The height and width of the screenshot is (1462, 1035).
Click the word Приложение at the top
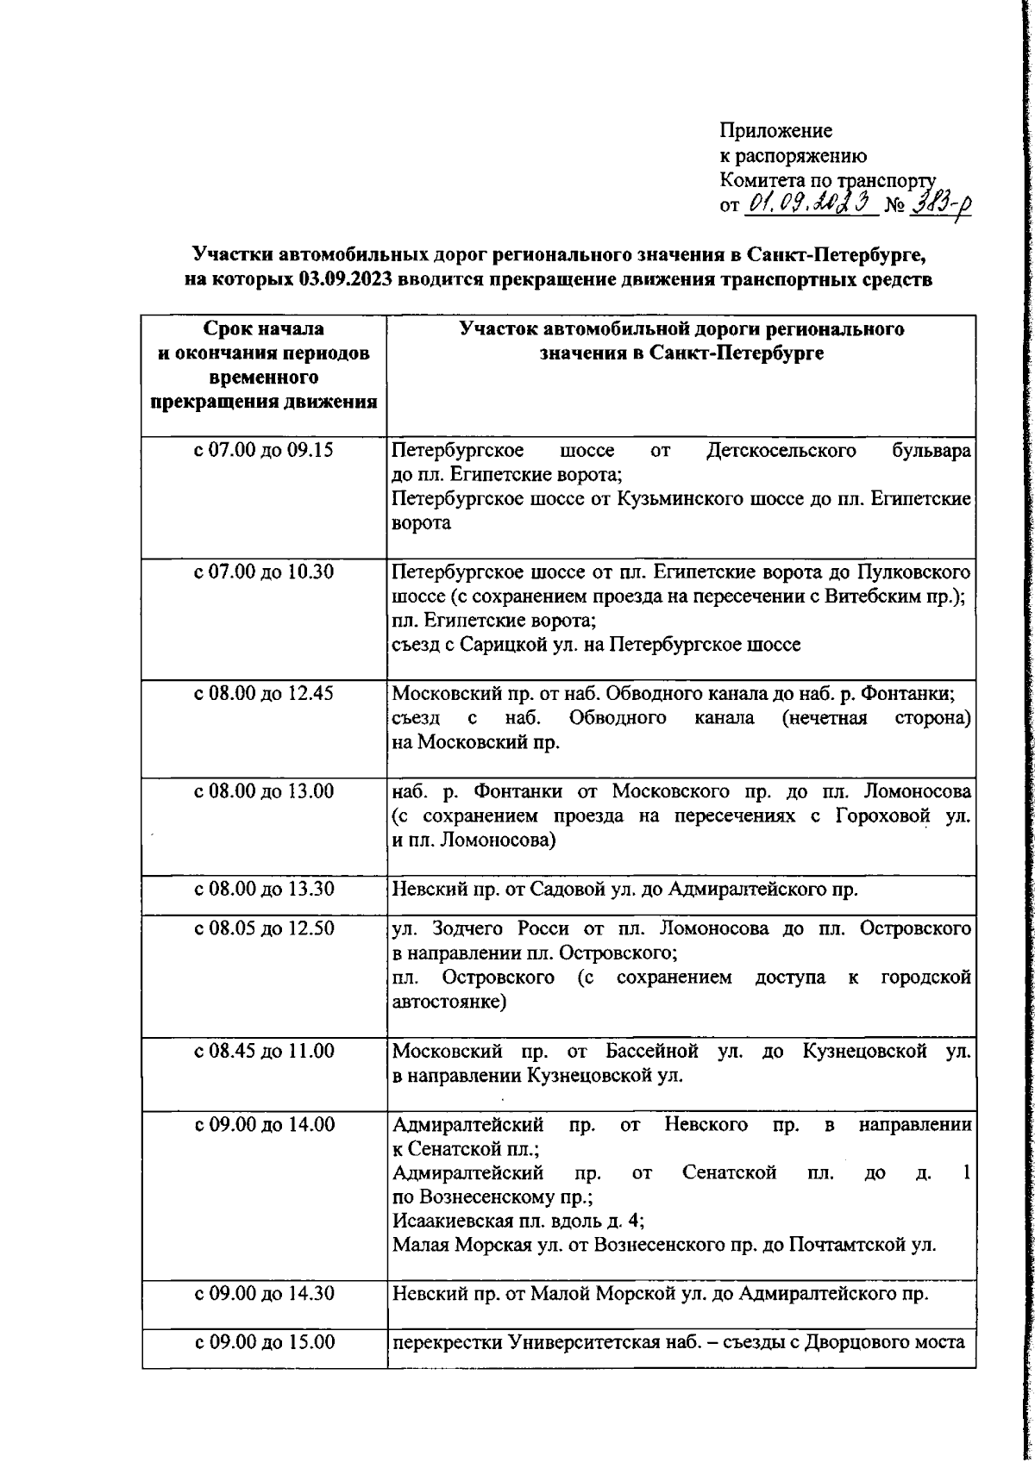[775, 131]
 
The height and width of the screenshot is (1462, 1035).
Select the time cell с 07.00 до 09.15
[264, 450]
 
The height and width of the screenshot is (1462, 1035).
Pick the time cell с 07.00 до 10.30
[264, 572]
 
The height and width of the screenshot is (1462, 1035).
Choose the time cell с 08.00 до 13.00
[264, 790]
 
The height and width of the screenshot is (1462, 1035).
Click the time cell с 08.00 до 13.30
[264, 889]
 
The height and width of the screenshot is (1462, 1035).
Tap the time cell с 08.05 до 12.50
[264, 928]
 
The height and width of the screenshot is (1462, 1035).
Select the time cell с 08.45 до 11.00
[264, 1051]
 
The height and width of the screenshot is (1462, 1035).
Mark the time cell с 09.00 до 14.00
[264, 1125]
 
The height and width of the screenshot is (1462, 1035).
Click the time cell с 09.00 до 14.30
[264, 1294]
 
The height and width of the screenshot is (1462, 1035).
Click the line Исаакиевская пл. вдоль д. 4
[518, 1221]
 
